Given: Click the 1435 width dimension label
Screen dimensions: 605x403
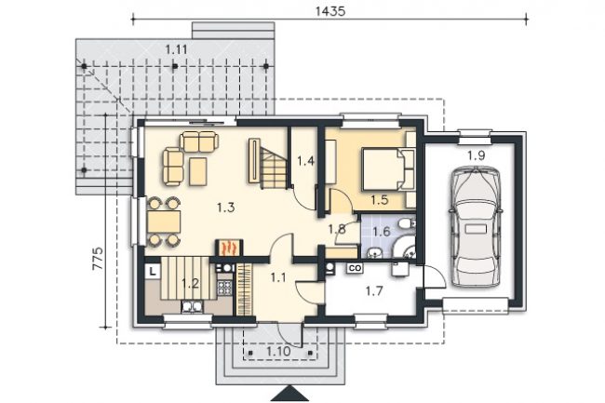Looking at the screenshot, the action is pos(330,11).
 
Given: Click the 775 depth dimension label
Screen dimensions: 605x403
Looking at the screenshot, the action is pos(98,258).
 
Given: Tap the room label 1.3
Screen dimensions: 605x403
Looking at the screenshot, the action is pos(226,208).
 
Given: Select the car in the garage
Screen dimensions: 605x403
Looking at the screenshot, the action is pos(477,227).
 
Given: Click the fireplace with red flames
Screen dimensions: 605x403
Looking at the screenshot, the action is pos(229,248).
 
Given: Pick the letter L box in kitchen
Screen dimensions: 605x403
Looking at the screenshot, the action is pos(154,271).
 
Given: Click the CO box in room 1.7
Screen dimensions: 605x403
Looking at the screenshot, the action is pos(355,268).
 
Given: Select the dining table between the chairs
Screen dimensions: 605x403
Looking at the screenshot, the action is pos(164,222).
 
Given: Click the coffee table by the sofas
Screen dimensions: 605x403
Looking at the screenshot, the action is pos(198,171).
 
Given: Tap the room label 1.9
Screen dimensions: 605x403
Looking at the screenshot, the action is pos(477,155).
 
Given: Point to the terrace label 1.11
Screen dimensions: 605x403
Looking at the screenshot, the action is pos(176,49).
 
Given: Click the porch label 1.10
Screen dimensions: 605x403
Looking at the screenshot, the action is pos(278,352).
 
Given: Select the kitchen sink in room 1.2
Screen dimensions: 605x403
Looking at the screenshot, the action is pos(192,306).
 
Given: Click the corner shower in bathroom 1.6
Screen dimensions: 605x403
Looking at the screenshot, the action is pos(404,248).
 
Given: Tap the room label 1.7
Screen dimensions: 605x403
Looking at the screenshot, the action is pos(374,290).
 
